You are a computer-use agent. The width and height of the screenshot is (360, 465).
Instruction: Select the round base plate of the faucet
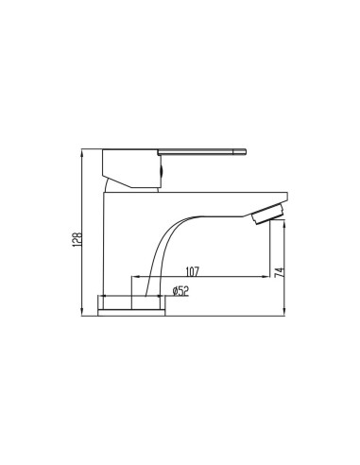(139, 305)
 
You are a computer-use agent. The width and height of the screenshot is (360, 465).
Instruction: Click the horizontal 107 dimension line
(203, 276)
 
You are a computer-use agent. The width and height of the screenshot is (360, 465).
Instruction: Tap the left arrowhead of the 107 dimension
(133, 276)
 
